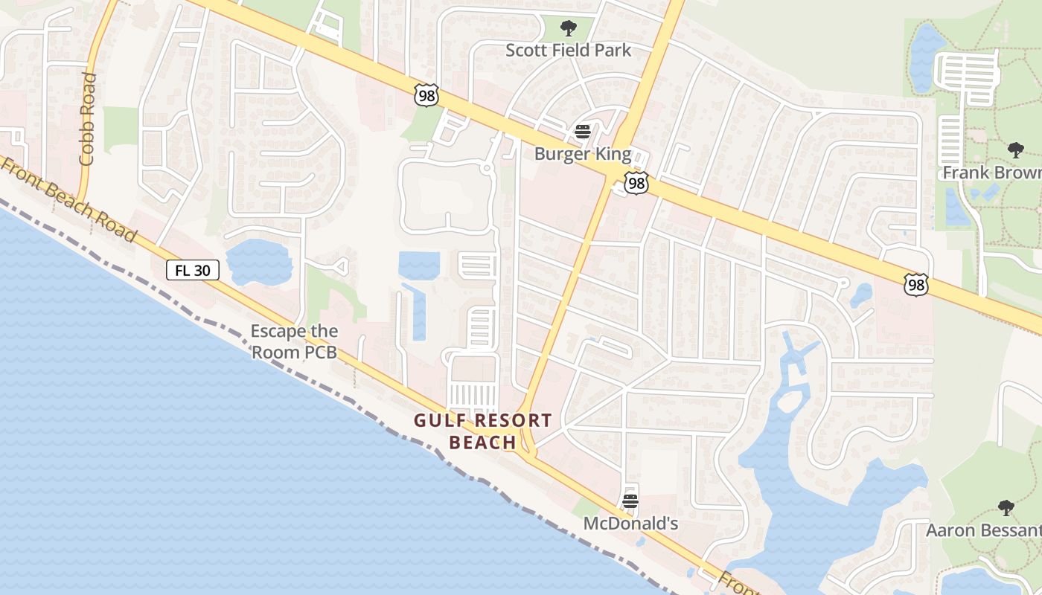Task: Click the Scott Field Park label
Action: click(568, 51)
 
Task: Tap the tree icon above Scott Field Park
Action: click(569, 29)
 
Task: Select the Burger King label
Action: click(583, 155)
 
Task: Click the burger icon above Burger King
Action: click(583, 132)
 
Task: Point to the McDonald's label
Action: click(630, 524)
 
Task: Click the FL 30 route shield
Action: click(192, 270)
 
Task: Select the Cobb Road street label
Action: click(88, 119)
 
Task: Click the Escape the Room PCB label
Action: click(294, 341)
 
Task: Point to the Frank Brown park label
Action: click(991, 173)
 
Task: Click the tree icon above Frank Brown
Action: click(1016, 151)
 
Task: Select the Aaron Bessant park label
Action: click(983, 530)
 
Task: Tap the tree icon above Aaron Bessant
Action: click(1006, 509)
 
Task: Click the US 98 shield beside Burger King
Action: click(636, 183)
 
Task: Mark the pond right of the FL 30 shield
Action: click(259, 263)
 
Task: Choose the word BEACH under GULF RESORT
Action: click(483, 443)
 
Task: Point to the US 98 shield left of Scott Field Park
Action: click(426, 95)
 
